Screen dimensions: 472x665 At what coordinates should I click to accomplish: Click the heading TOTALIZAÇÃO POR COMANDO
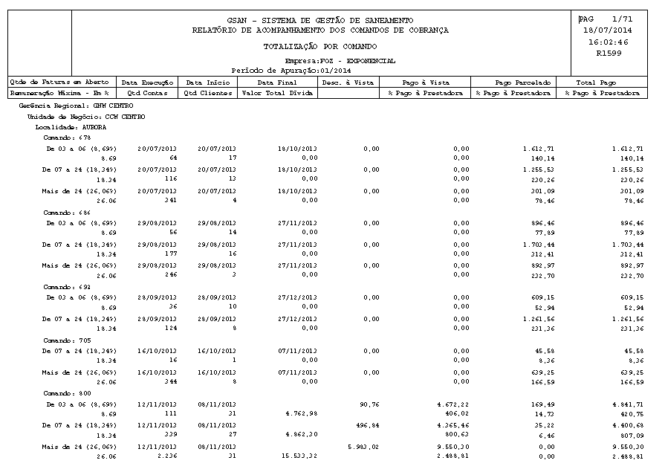coord(320,46)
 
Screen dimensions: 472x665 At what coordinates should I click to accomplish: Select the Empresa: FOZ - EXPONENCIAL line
coord(340,60)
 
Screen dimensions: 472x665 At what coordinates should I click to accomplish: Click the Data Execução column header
coord(148,82)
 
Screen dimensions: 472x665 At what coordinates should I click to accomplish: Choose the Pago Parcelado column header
coord(522,82)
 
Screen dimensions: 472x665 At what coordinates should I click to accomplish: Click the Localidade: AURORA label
coord(64,127)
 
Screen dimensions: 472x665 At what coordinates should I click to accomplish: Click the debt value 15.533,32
coord(300,456)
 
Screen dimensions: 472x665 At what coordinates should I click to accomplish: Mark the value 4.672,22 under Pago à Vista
coord(452,404)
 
